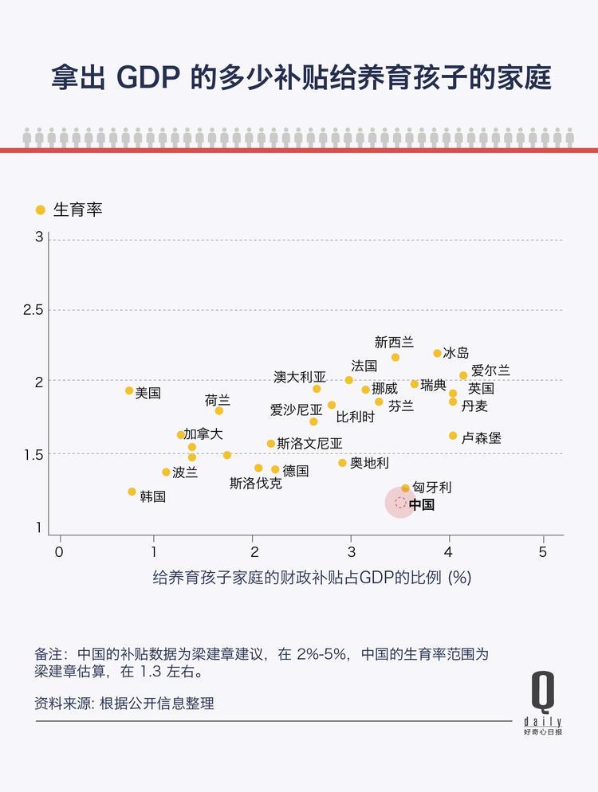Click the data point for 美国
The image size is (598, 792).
pyautogui.click(x=129, y=390)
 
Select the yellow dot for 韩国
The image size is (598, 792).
pyautogui.click(x=132, y=492)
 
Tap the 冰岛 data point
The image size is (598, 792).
pyautogui.click(x=437, y=353)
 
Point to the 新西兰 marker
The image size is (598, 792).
pyautogui.click(x=395, y=357)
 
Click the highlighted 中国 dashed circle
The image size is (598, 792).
pyautogui.click(x=400, y=503)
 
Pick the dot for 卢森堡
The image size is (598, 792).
pyautogui.click(x=453, y=436)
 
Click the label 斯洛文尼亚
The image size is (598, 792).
pyautogui.click(x=310, y=444)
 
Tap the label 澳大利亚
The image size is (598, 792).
pyautogui.click(x=300, y=377)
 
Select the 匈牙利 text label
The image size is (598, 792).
pyautogui.click(x=432, y=488)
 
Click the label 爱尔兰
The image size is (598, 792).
pyautogui.click(x=490, y=371)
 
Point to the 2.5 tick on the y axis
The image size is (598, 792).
pyautogui.click(x=34, y=309)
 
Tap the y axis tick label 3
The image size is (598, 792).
pyautogui.click(x=38, y=238)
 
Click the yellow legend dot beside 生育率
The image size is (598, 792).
pyautogui.click(x=40, y=210)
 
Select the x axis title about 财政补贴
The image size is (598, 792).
pyautogui.click(x=312, y=578)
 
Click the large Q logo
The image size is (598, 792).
pyautogui.click(x=543, y=691)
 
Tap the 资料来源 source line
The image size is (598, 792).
pyautogui.click(x=124, y=704)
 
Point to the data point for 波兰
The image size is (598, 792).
pyautogui.click(x=166, y=472)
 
